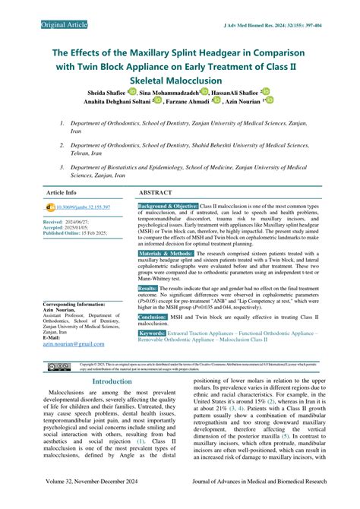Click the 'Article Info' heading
(x=62, y=193)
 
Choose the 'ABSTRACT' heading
(x=161, y=193)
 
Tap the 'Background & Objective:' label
(x=168, y=207)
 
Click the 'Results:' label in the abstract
(x=148, y=289)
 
